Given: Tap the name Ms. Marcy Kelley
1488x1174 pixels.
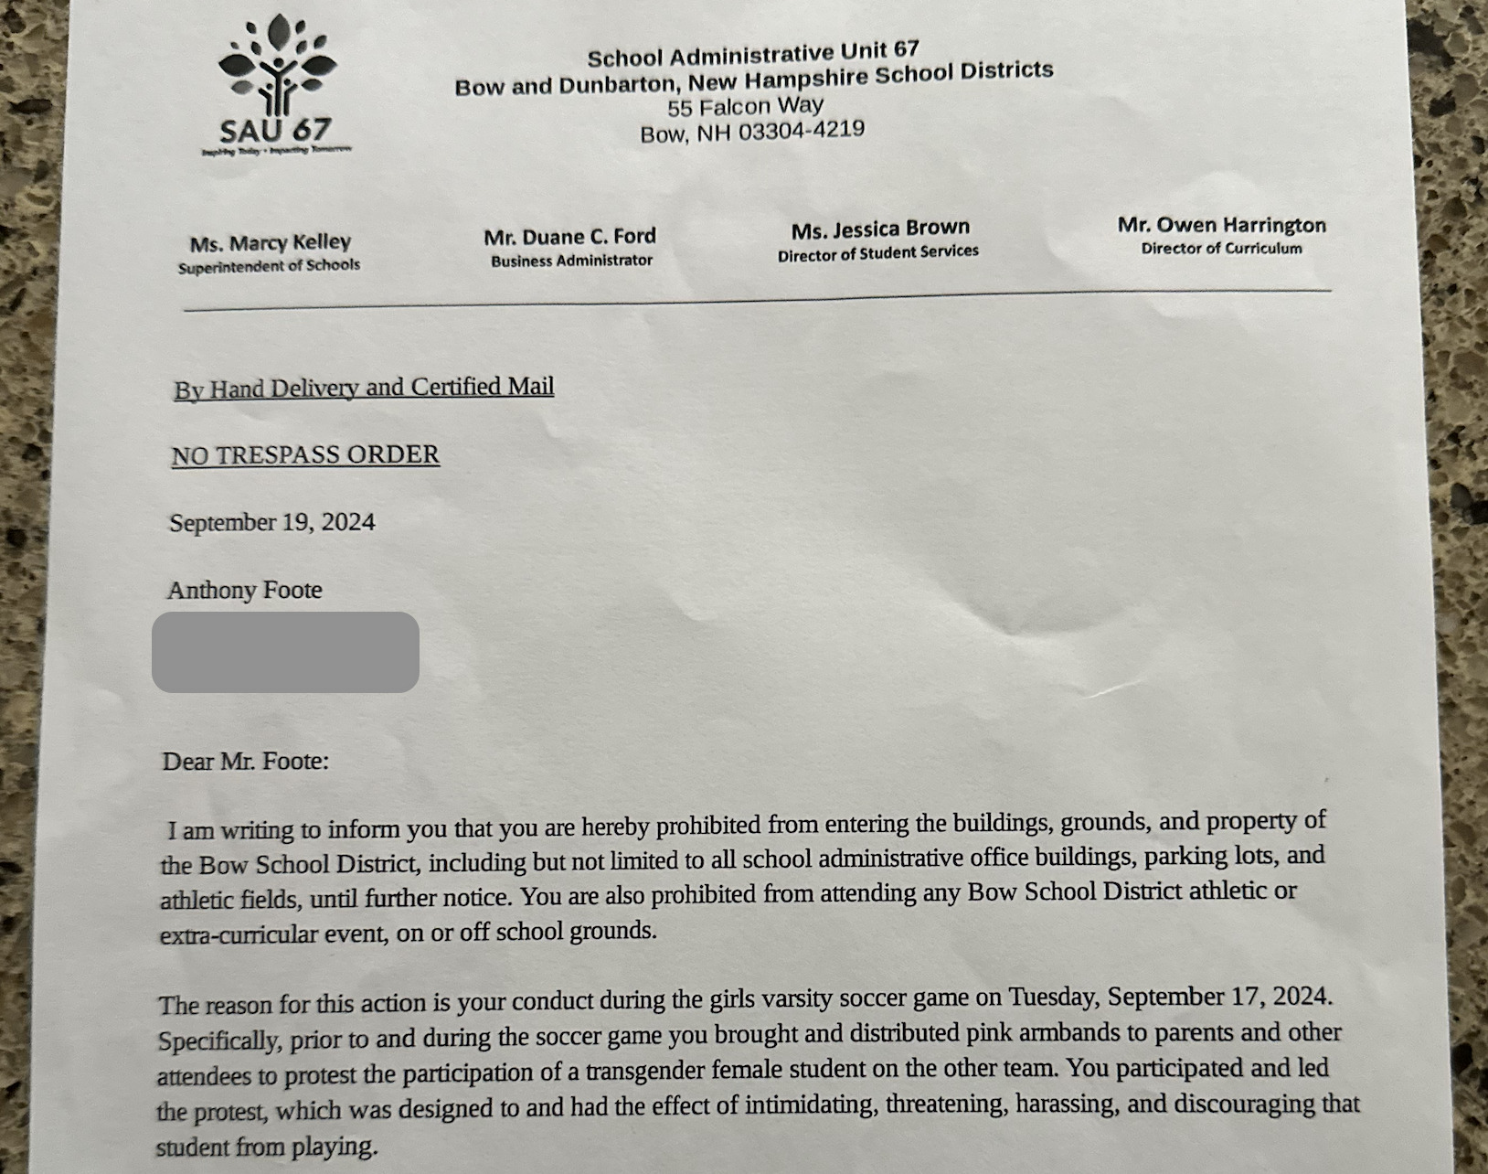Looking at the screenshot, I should tap(270, 243).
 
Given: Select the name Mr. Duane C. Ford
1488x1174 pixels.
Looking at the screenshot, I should tap(569, 237).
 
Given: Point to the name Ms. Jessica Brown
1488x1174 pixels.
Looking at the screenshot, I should tap(880, 229).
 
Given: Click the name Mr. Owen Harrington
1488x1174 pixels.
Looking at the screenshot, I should tap(1221, 225).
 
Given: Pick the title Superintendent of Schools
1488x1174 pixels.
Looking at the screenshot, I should tap(269, 266).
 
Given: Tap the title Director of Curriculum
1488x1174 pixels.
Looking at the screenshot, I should tap(1221, 249).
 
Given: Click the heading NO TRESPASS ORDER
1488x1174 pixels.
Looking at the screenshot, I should tap(305, 454).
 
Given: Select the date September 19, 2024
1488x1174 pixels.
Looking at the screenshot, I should tap(272, 523).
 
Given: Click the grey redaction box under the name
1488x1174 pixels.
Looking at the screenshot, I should tap(285, 652).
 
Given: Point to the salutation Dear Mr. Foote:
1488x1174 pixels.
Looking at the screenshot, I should tap(245, 761).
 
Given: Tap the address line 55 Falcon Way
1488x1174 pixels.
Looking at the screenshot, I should tap(745, 107).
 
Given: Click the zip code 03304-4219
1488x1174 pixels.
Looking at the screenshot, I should tap(801, 131).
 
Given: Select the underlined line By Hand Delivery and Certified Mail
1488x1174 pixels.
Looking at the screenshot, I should tap(364, 388).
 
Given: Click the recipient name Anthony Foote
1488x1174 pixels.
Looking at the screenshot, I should tap(244, 590).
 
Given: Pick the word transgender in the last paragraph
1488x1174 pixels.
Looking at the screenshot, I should tap(645, 1071).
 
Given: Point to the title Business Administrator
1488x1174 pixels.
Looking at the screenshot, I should tap(571, 261).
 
